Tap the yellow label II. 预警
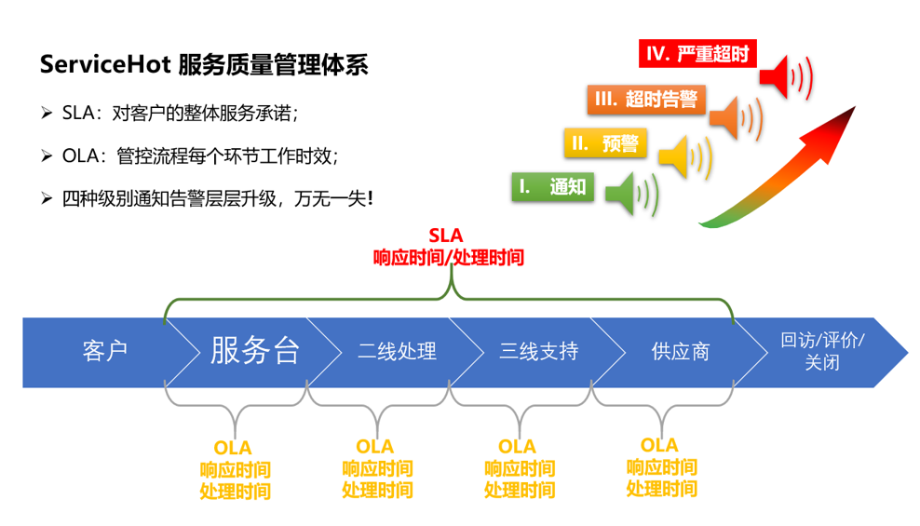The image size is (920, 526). click(x=605, y=143)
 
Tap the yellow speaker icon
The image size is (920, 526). click(x=683, y=155)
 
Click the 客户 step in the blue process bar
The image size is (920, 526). click(x=104, y=351)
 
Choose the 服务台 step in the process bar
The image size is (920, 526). click(x=254, y=351)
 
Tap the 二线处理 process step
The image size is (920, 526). click(x=397, y=351)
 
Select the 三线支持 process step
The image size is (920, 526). click(x=538, y=351)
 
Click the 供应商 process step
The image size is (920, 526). click(x=680, y=351)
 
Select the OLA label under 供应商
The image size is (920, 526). click(x=659, y=446)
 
